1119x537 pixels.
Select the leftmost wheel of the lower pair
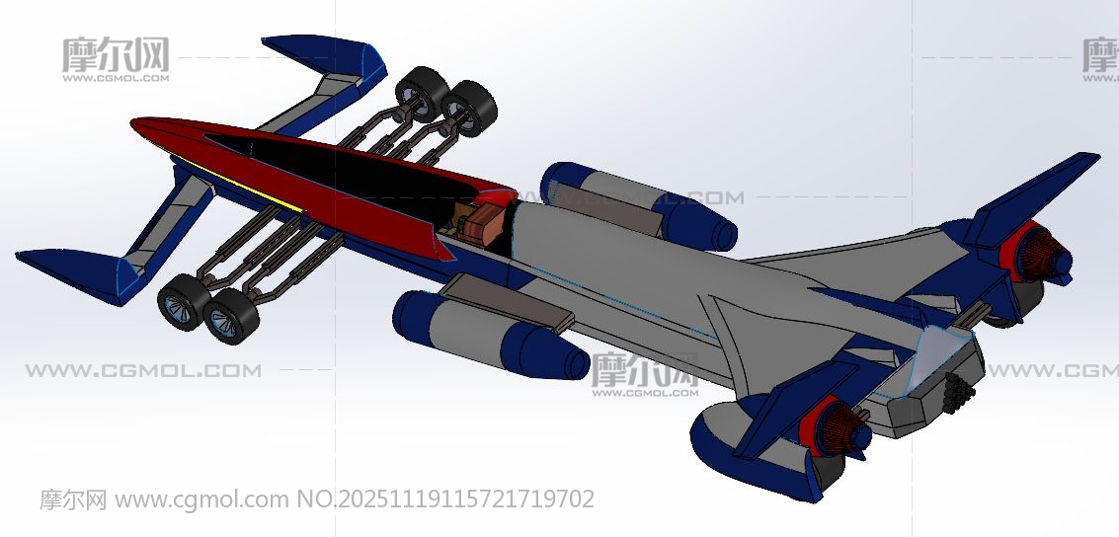click(x=183, y=301)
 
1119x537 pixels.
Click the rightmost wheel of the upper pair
click(x=469, y=110)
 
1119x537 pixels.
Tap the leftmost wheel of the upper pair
click(x=422, y=95)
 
